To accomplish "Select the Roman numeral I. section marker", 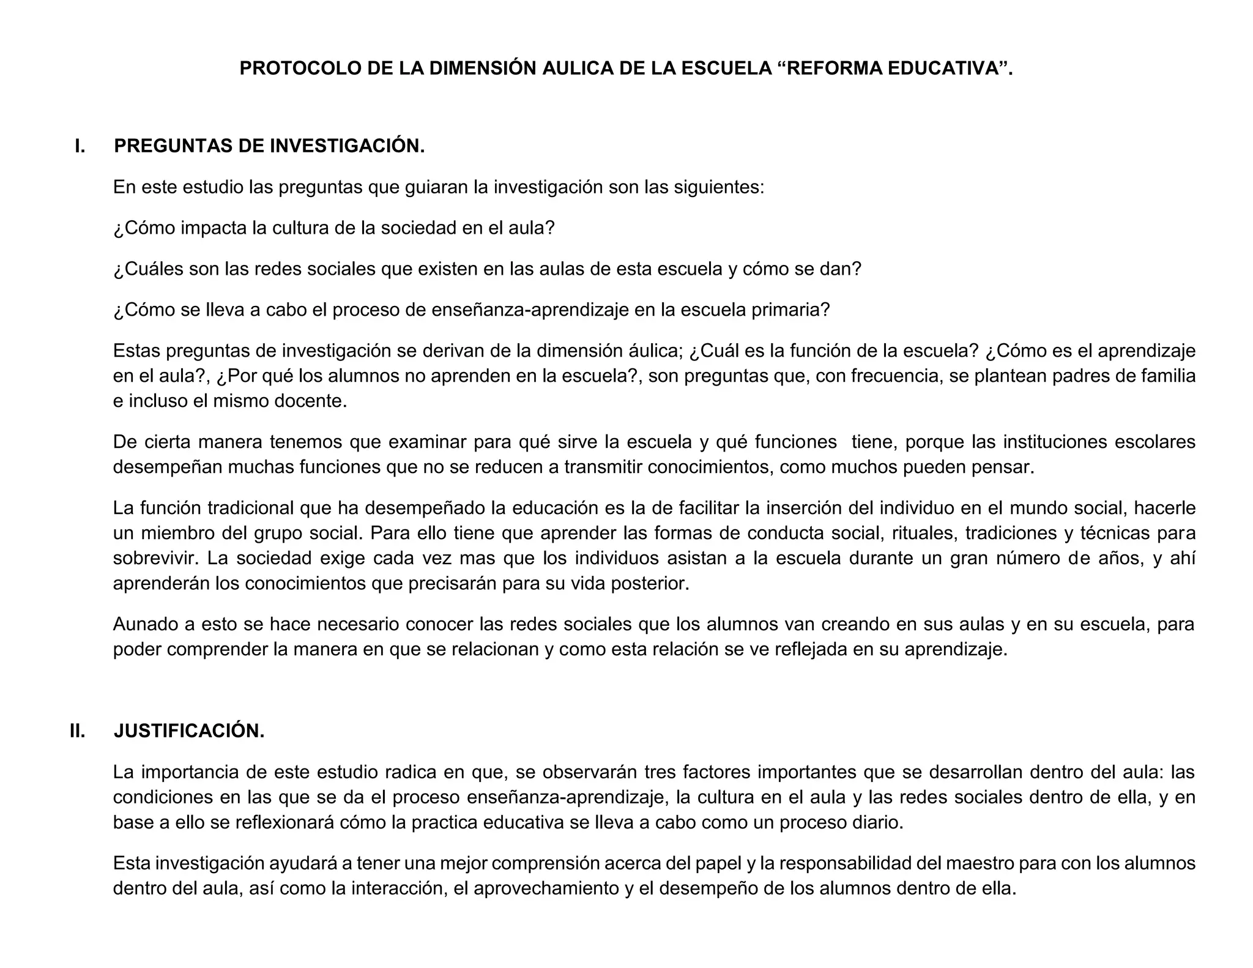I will pos(80,146).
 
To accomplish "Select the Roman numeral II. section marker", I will pos(78,731).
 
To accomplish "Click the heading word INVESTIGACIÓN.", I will pos(348,146).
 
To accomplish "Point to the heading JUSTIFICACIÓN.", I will pos(189,731).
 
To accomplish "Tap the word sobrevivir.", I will pos(155,559).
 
